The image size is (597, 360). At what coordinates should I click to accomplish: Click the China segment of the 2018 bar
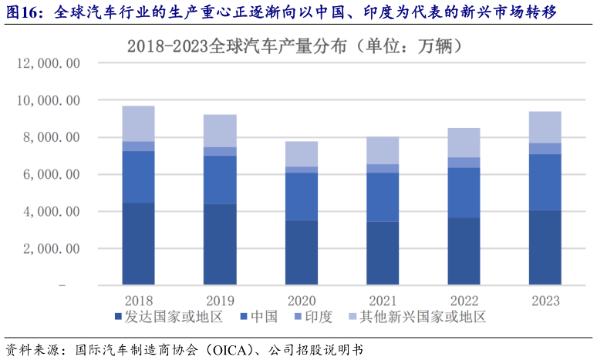pos(139,177)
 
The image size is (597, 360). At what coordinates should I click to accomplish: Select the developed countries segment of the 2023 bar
pos(545,247)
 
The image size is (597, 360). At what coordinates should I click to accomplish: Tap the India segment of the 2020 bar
pos(301,170)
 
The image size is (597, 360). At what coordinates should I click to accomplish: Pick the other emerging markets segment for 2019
pos(220,130)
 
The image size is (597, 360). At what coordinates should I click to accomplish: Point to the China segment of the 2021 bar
pos(383,197)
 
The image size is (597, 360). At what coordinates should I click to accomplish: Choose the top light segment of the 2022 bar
pos(464,143)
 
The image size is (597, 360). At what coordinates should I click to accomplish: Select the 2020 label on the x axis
pos(301,301)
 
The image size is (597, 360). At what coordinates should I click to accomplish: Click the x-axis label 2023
pos(545,301)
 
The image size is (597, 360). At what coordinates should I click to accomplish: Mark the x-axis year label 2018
pos(139,301)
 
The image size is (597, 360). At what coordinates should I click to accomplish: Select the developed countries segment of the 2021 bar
pos(383,254)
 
